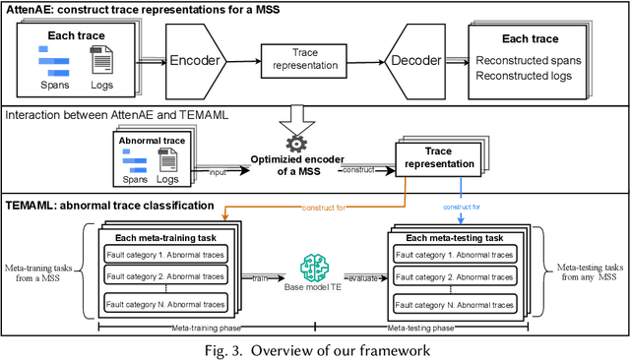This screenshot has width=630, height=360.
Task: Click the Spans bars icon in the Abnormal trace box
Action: (x=135, y=165)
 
